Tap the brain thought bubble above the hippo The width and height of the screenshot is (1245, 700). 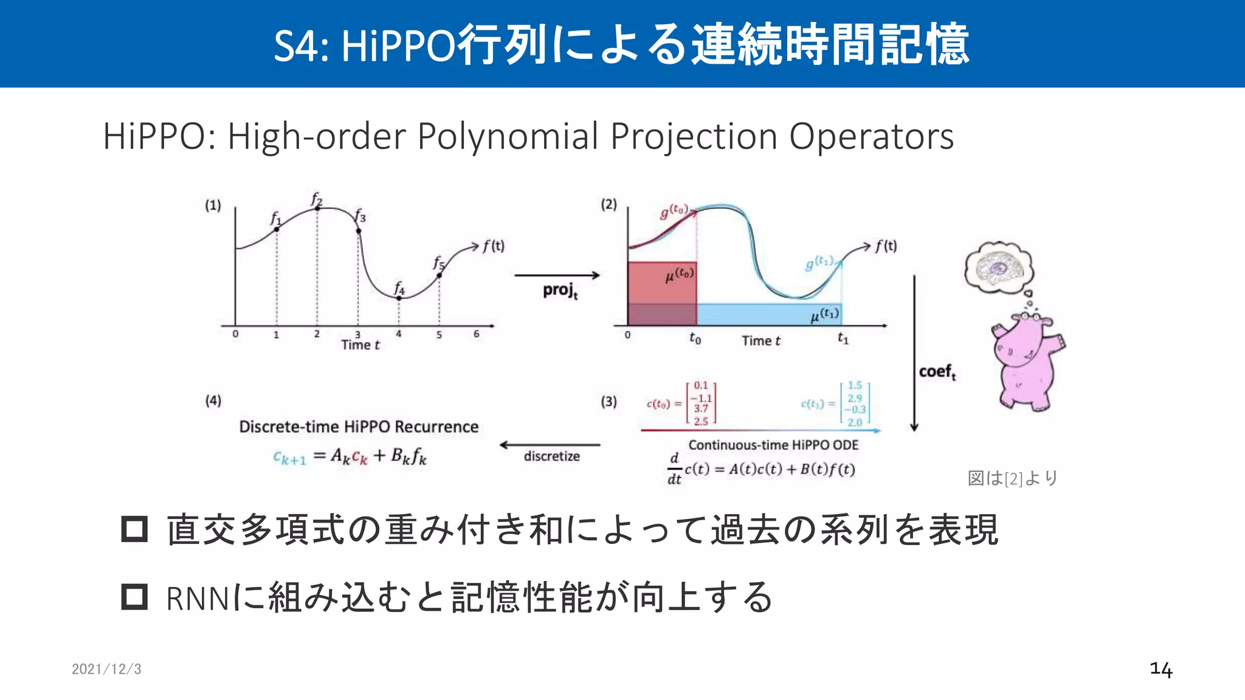pyautogui.click(x=998, y=267)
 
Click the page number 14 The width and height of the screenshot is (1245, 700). pyautogui.click(x=1161, y=669)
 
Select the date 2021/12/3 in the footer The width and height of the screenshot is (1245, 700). pyautogui.click(x=106, y=669)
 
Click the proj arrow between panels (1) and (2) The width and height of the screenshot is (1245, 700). pyautogui.click(x=557, y=276)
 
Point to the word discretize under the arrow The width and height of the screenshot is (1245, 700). pyautogui.click(x=551, y=456)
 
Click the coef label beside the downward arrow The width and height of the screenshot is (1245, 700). pyautogui.click(x=937, y=372)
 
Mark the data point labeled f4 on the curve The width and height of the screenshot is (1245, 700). pyautogui.click(x=399, y=298)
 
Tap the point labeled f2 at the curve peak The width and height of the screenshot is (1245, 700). pyautogui.click(x=317, y=208)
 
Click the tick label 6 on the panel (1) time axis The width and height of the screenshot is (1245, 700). pyautogui.click(x=476, y=334)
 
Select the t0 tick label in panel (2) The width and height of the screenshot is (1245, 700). pyautogui.click(x=695, y=338)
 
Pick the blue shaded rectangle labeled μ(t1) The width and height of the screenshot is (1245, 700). pyautogui.click(x=769, y=315)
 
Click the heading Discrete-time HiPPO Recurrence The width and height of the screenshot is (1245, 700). pyautogui.click(x=359, y=427)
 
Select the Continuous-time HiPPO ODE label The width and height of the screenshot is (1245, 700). pyautogui.click(x=773, y=445)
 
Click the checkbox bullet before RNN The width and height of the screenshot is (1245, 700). pyautogui.click(x=134, y=597)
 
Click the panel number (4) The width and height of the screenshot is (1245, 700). pyautogui.click(x=213, y=400)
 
